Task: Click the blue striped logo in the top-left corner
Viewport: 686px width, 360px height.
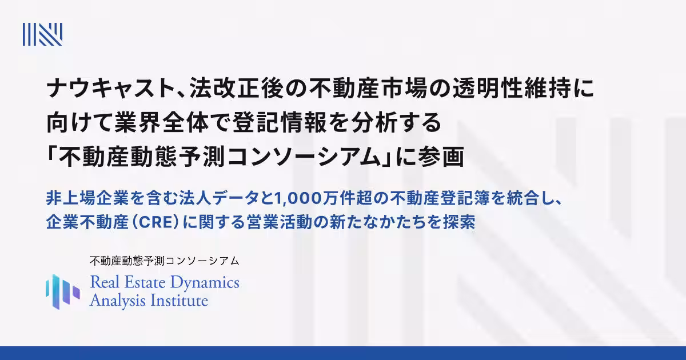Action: (x=42, y=34)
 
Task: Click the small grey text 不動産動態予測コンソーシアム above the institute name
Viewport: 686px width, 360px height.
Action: (x=164, y=261)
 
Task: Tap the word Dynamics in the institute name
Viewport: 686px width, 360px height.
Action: (x=209, y=282)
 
